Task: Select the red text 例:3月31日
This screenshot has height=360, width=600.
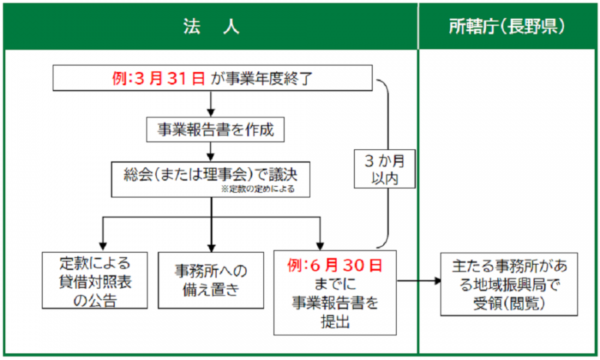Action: (x=159, y=78)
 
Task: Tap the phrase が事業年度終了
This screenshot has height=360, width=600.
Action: (x=261, y=78)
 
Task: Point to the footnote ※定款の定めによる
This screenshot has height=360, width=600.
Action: (x=262, y=189)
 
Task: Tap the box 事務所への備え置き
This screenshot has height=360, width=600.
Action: (x=211, y=280)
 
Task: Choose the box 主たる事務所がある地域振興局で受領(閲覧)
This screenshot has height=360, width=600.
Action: (x=509, y=283)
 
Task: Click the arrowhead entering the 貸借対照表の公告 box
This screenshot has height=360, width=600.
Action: (x=101, y=244)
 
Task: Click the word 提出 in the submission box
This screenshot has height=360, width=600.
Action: (x=335, y=321)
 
